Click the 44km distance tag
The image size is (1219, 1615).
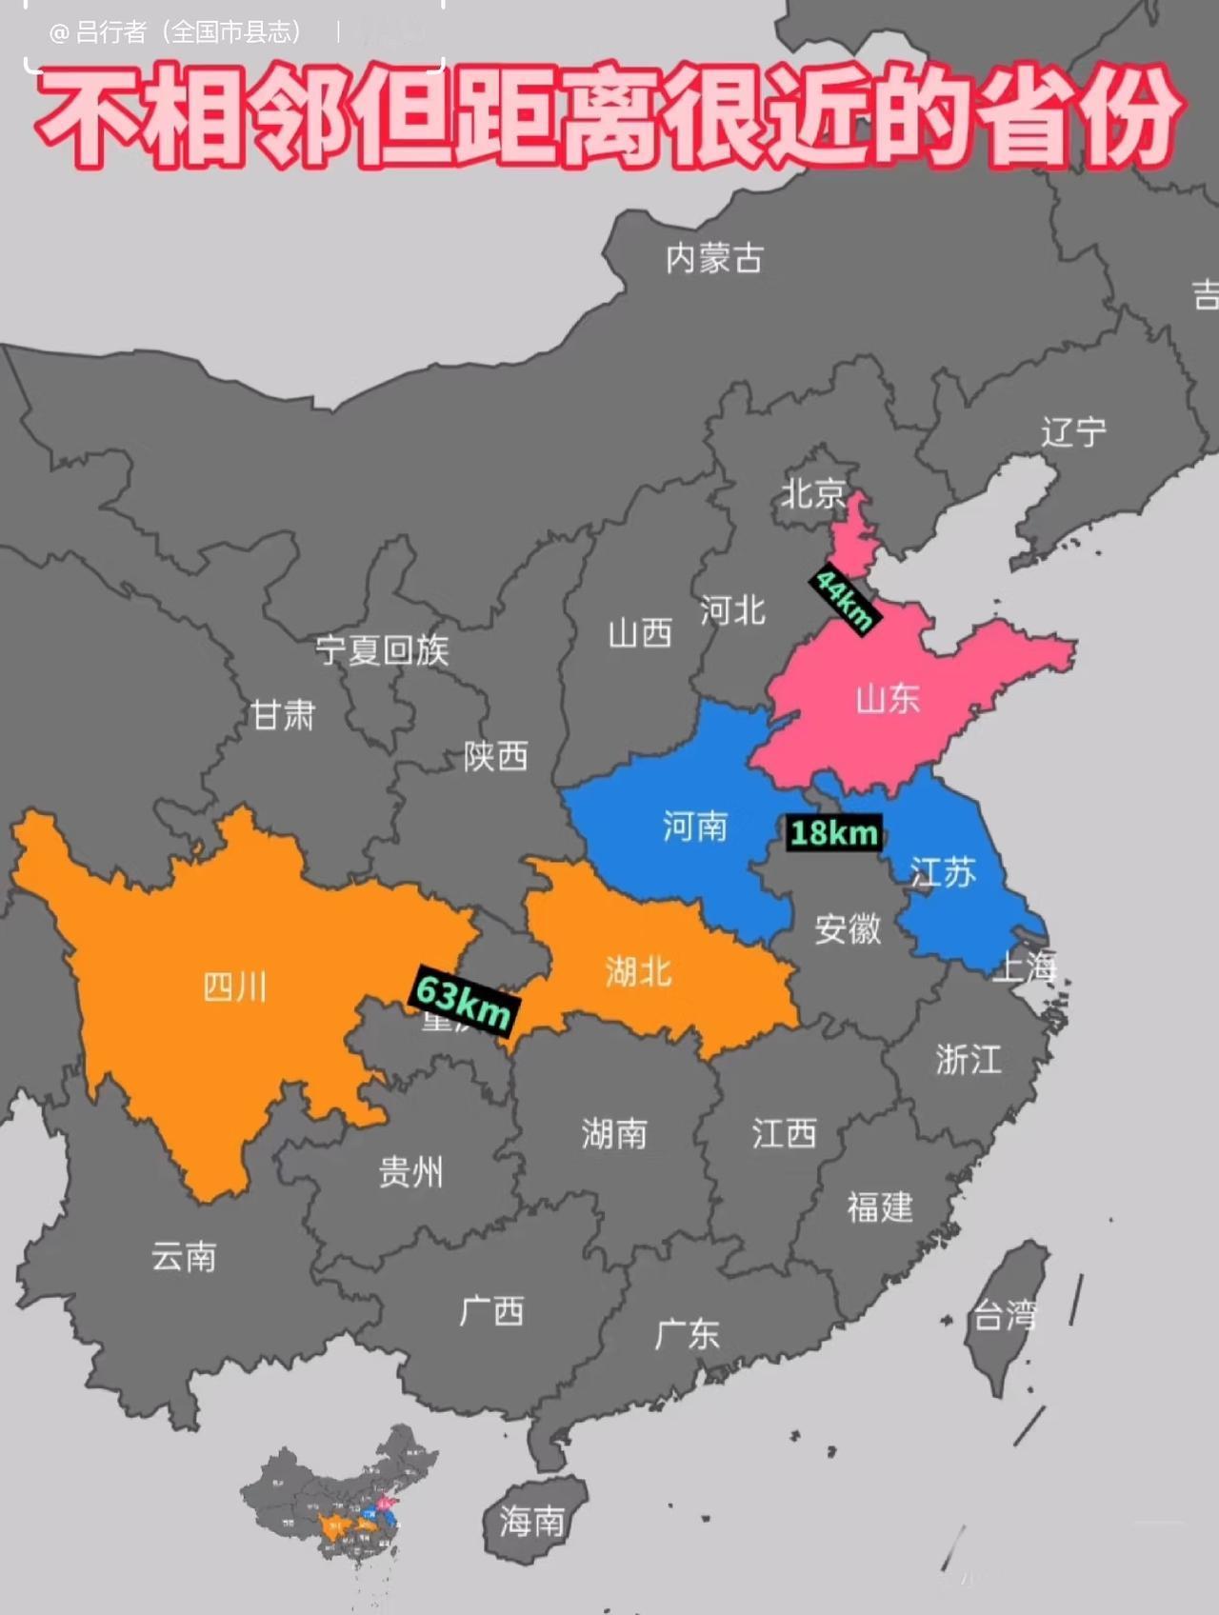844,600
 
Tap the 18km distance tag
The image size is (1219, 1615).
834,833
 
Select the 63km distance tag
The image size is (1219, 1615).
463,1000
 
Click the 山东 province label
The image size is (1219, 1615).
888,700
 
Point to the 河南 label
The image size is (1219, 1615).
695,826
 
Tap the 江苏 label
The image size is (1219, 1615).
943,871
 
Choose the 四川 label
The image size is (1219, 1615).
235,987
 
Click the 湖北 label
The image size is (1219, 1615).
638,971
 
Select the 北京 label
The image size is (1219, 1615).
812,493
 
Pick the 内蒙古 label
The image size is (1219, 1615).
714,258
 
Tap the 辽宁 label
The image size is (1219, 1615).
1073,432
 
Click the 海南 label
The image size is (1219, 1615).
532,1521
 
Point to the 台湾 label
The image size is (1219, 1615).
1004,1317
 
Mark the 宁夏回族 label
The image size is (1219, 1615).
382,650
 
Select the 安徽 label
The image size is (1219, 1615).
848,928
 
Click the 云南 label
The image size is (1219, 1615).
184,1257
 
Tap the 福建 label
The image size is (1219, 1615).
880,1207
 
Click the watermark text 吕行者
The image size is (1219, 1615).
110,33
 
